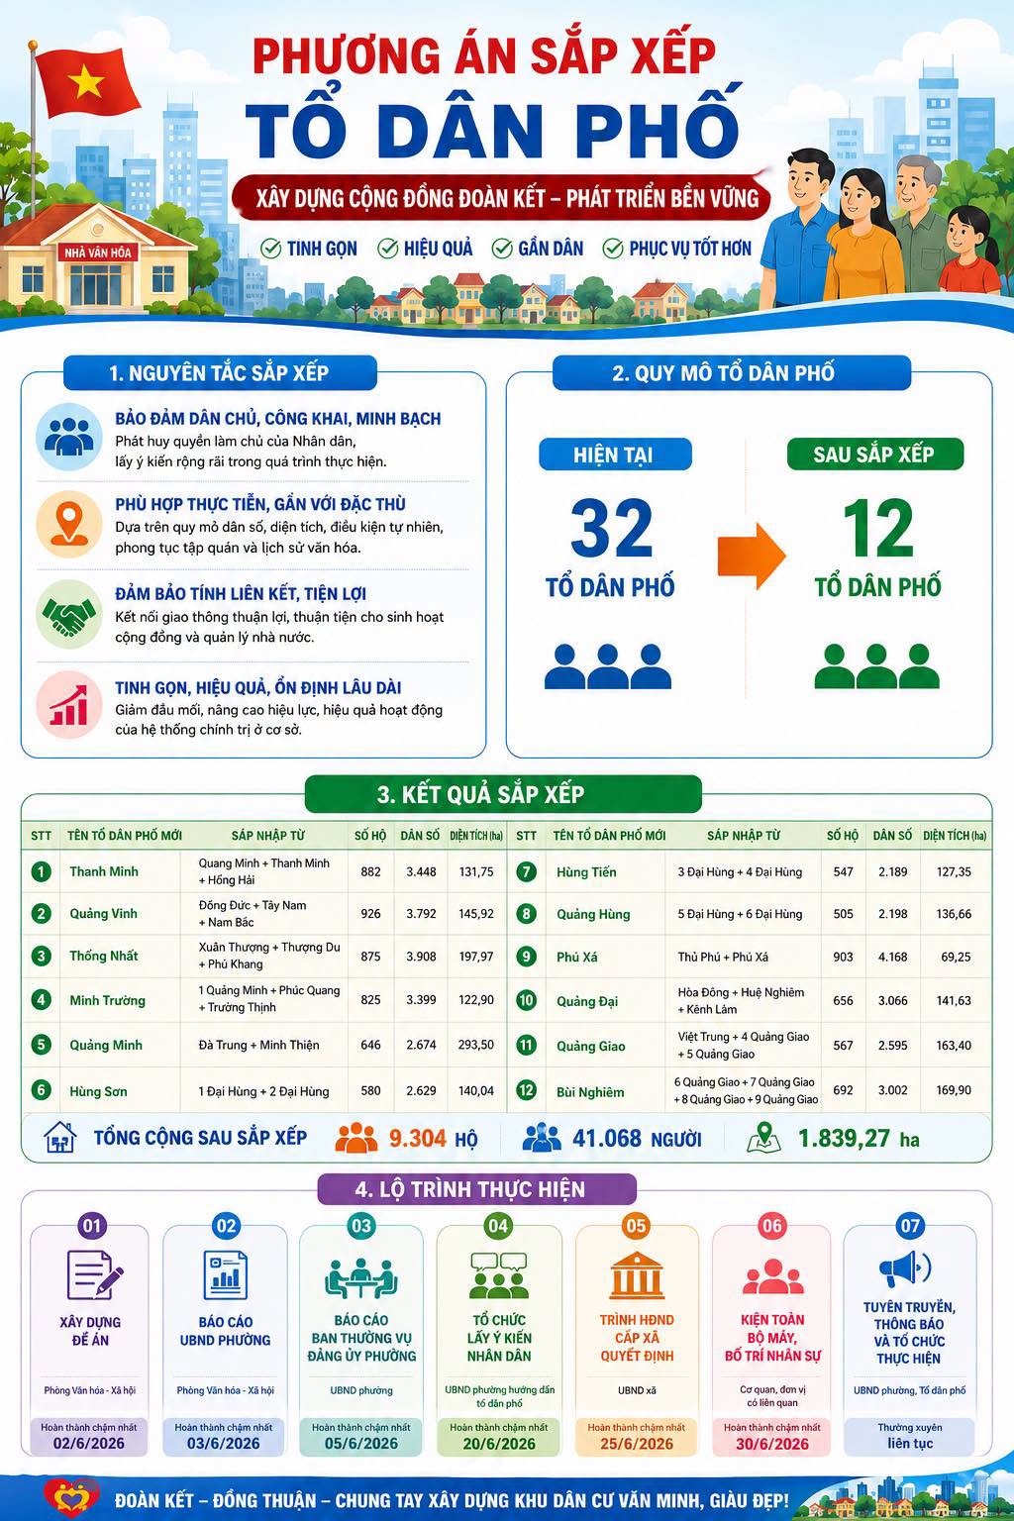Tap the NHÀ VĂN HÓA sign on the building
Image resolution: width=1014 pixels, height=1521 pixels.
pyautogui.click(x=98, y=253)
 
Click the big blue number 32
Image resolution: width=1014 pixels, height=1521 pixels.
pyautogui.click(x=611, y=528)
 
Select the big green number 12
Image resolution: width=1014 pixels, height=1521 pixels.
pyautogui.click(x=878, y=528)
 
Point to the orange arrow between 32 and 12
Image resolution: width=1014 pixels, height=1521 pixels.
pyautogui.click(x=752, y=556)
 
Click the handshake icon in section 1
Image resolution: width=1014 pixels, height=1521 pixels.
pyautogui.click(x=68, y=615)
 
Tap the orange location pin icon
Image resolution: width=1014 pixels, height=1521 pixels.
pyautogui.click(x=69, y=524)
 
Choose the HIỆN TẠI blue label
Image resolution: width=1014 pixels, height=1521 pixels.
pyautogui.click(x=615, y=455)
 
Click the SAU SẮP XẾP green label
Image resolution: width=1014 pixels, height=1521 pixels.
pyautogui.click(x=874, y=454)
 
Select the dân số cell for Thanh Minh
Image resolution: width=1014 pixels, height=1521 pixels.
pyautogui.click(x=421, y=871)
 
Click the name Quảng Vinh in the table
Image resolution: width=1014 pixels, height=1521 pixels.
pyautogui.click(x=103, y=914)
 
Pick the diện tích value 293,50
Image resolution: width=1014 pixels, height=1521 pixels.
pyautogui.click(x=476, y=1045)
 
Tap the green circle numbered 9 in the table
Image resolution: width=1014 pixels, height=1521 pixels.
pyautogui.click(x=527, y=957)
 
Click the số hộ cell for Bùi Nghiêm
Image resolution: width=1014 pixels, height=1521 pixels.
pyautogui.click(x=843, y=1090)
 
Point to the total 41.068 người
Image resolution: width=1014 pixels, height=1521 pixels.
pyautogui.click(x=637, y=1139)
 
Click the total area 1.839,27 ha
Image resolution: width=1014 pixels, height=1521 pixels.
pyautogui.click(x=859, y=1139)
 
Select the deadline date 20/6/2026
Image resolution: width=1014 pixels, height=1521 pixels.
pyautogui.click(x=499, y=1444)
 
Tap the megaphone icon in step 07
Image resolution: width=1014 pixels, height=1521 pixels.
pyautogui.click(x=905, y=1268)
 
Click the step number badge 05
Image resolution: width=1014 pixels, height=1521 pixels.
pyautogui.click(x=636, y=1226)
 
